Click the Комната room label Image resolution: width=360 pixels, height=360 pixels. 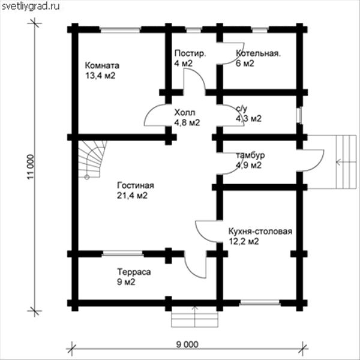tap(102, 70)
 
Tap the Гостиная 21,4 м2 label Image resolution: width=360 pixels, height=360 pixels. tap(135, 190)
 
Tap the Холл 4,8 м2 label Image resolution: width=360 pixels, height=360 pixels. tap(187, 118)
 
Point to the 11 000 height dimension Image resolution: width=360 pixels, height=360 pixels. tap(31, 167)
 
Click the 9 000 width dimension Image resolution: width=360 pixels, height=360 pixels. tap(187, 344)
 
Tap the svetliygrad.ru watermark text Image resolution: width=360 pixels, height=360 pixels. tap(31, 6)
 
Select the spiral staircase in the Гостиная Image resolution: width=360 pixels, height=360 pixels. tap(92, 160)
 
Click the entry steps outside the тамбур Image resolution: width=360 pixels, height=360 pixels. tap(334, 162)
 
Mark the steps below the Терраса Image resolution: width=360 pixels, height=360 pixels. tap(194, 317)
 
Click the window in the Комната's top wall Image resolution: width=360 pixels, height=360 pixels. tap(121, 29)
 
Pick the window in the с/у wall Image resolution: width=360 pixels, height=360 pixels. tap(299, 116)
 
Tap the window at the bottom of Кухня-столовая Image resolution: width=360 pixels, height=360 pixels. tap(260, 303)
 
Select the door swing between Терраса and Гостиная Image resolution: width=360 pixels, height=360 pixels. tap(194, 267)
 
